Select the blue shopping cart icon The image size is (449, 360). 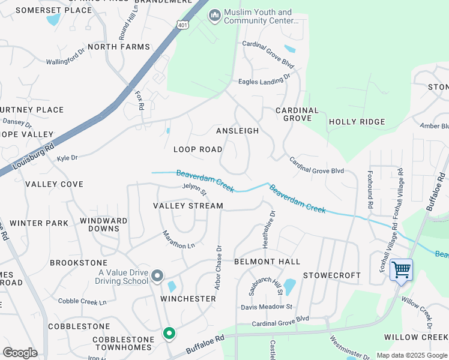tap(401, 270)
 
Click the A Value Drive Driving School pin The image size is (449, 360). tap(157, 276)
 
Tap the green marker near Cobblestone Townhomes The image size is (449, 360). tap(169, 333)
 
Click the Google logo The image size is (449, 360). tap(20, 353)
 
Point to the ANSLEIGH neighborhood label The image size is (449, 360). tap(237, 131)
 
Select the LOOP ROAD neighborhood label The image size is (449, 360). tap(197, 149)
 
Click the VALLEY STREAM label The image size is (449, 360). tap(188, 206)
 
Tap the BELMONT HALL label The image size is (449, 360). tap(267, 262)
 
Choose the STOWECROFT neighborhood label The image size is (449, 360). tap(331, 275)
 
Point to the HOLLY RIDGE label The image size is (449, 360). tap(357, 122)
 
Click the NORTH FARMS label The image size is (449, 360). tap(118, 47)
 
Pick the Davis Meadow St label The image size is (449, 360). tap(266, 307)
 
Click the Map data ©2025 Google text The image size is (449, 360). tap(412, 355)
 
